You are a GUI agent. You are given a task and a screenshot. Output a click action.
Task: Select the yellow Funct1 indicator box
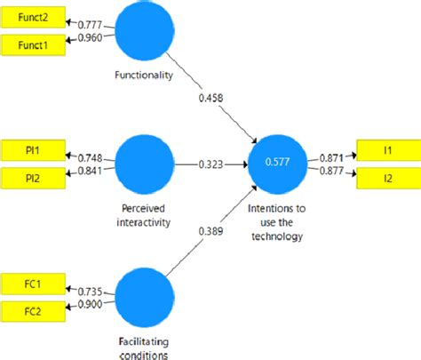[31, 44]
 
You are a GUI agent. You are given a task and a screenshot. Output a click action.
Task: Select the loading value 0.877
[330, 169]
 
